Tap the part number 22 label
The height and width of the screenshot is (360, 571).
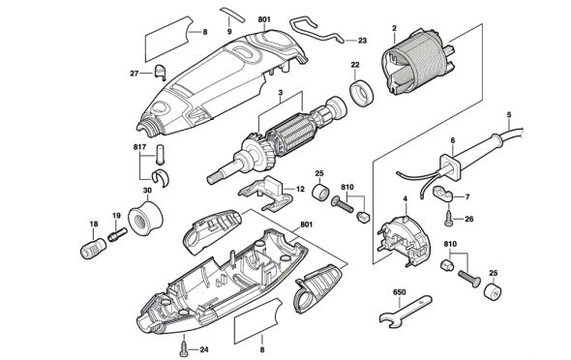(355, 65)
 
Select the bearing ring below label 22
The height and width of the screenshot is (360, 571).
(362, 92)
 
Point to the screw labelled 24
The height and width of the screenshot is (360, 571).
(183, 346)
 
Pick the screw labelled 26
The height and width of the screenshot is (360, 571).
(449, 219)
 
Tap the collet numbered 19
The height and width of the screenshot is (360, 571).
(117, 234)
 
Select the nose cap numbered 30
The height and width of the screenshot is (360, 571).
(146, 218)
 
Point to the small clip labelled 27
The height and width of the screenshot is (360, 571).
(161, 72)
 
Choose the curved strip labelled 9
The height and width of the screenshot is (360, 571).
(233, 14)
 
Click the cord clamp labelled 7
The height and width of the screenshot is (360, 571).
(442, 193)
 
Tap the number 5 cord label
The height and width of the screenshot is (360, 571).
(509, 114)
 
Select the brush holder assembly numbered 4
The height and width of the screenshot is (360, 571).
(404, 241)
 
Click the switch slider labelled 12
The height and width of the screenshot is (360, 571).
(266, 193)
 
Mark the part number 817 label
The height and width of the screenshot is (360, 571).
(139, 147)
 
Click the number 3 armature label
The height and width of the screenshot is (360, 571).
(280, 93)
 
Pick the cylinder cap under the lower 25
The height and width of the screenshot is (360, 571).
(493, 290)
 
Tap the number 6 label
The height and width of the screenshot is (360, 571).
(453, 140)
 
